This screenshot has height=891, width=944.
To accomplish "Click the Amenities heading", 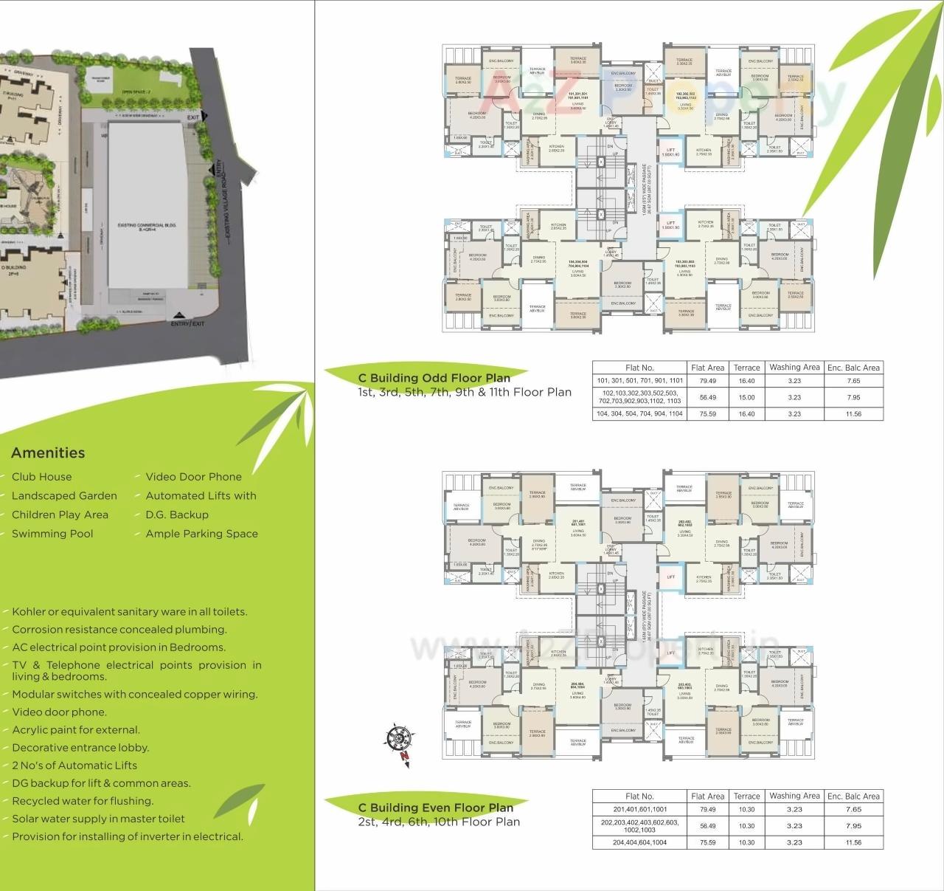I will [x=48, y=453].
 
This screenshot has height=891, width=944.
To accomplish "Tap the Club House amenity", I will [x=41, y=477].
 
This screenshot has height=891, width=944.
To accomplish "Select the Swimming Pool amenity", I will [x=52, y=534].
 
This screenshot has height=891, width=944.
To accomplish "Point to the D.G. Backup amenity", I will [x=177, y=515].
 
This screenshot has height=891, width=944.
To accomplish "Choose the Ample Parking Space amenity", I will [x=201, y=534].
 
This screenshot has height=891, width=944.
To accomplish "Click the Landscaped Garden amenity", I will [x=64, y=496].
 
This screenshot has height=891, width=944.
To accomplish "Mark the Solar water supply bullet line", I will [x=98, y=819].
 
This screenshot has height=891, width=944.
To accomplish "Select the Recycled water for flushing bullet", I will [x=83, y=801].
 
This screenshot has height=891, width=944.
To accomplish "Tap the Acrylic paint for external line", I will [x=75, y=730].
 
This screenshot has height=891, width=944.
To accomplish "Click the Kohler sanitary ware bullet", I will [x=129, y=612].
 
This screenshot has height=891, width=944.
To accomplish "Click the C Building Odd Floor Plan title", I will [x=434, y=378].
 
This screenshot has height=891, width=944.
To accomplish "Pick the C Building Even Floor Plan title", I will [x=436, y=808].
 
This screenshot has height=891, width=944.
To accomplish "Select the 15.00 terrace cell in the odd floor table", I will [x=746, y=397].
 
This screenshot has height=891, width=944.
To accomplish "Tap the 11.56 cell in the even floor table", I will [x=853, y=842].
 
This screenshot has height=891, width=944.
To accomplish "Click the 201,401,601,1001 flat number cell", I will [x=639, y=809].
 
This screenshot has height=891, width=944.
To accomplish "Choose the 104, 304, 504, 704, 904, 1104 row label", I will [x=639, y=414].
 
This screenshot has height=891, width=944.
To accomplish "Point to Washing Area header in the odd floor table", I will [x=794, y=367].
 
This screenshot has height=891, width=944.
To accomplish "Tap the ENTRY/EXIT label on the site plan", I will [x=188, y=324].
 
